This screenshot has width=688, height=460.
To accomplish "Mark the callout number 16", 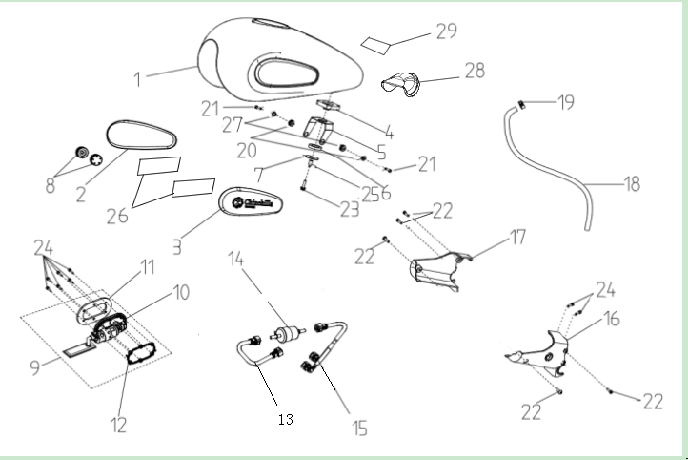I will [611, 320].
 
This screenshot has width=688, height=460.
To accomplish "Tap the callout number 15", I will [359, 427].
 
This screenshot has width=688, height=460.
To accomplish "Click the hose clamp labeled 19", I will [523, 102].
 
